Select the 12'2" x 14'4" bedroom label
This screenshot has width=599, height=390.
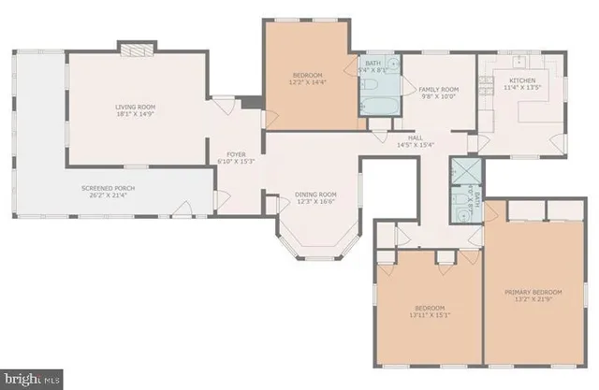pyautogui.click(x=306, y=79)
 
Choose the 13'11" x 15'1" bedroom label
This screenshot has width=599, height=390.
pyautogui.click(x=429, y=311)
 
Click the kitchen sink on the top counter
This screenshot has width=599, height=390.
pyautogui.click(x=519, y=60)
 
